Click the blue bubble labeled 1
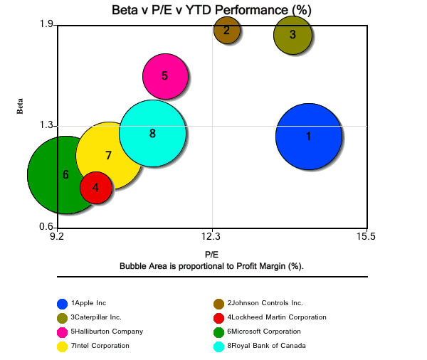[x=308, y=136]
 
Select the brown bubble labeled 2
[x=226, y=30]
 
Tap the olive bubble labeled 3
[x=292, y=35]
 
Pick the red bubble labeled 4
[x=95, y=188]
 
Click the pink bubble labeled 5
[x=164, y=75]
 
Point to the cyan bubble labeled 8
[x=152, y=133]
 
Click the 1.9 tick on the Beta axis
[x=47, y=25]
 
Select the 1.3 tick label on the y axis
[x=47, y=125]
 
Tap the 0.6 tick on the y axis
[x=47, y=227]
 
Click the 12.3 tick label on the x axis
[x=212, y=237]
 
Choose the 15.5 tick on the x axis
[x=367, y=237]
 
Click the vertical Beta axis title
[x=20, y=106]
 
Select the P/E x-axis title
[x=211, y=254]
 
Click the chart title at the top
[x=211, y=11]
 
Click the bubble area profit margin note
[x=211, y=265]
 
